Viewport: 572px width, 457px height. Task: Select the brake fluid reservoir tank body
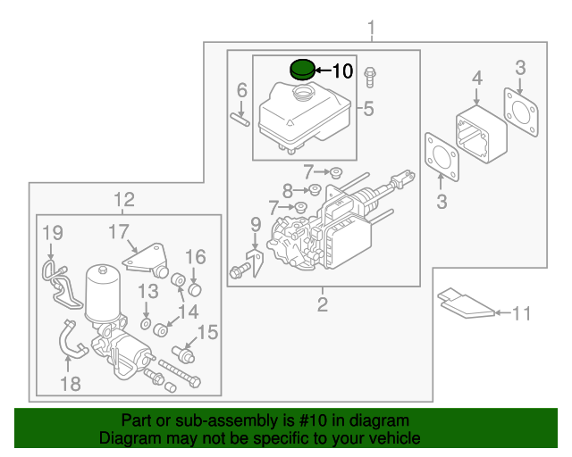click(x=300, y=116)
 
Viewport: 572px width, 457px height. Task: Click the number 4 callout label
click(x=477, y=79)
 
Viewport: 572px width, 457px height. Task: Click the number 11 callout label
click(x=521, y=313)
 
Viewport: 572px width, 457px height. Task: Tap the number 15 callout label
click(x=207, y=333)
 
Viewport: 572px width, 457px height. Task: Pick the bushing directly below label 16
click(x=193, y=288)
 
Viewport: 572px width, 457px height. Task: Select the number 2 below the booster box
click(x=323, y=306)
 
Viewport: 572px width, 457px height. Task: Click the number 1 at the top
click(x=373, y=31)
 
